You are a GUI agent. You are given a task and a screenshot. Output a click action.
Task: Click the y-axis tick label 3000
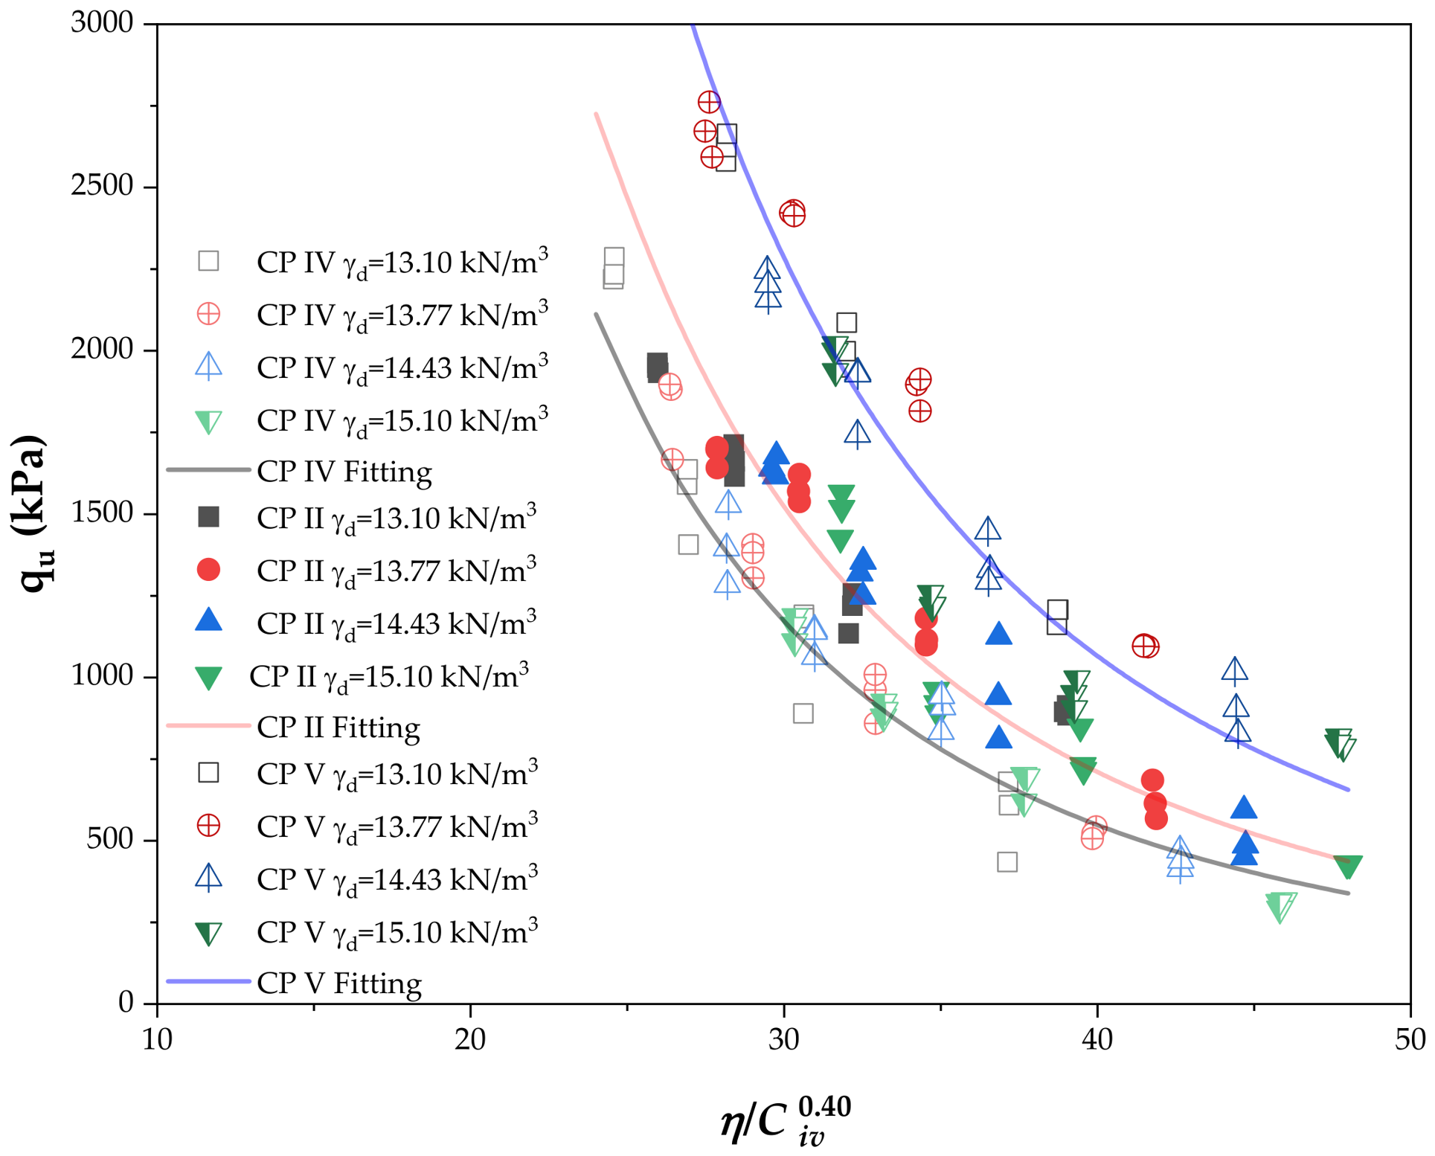pyautogui.click(x=102, y=23)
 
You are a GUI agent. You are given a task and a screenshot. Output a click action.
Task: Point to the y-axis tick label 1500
pyautogui.click(x=102, y=513)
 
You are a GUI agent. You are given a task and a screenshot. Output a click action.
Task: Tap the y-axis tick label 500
pyautogui.click(x=110, y=840)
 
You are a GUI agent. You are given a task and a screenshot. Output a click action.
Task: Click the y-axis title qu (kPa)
pyautogui.click(x=32, y=513)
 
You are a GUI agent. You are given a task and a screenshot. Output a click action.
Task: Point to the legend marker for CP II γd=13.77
pyautogui.click(x=208, y=570)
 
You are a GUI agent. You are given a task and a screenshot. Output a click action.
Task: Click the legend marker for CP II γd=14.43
pyautogui.click(x=208, y=621)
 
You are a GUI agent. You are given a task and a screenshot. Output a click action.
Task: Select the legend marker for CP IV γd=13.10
pyautogui.click(x=208, y=260)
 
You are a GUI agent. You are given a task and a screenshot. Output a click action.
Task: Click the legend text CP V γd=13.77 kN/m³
pyautogui.click(x=397, y=826)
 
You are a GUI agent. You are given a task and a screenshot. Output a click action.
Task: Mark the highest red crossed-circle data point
pyautogui.click(x=709, y=102)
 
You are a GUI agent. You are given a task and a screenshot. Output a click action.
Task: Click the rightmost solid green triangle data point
pyautogui.click(x=1348, y=867)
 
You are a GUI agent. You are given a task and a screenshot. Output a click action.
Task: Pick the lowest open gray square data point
pyautogui.click(x=1007, y=862)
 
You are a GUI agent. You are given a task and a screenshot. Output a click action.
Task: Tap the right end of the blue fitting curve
pyautogui.click(x=1349, y=789)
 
